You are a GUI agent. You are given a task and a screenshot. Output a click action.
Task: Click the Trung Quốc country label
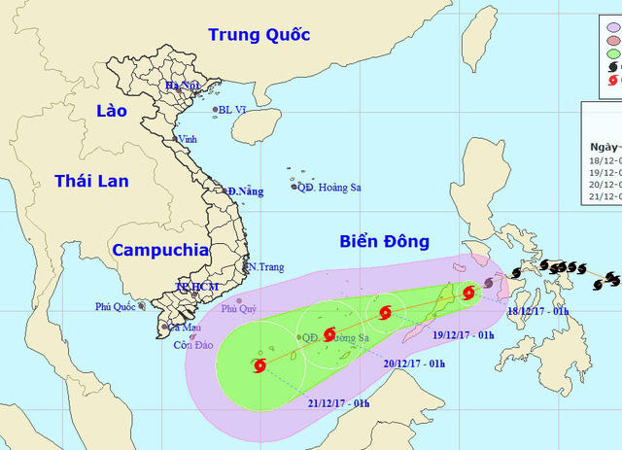click(x=259, y=35)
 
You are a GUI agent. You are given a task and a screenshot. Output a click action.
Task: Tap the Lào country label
click(x=112, y=111)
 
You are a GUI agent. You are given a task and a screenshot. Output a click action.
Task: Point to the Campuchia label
click(x=160, y=250)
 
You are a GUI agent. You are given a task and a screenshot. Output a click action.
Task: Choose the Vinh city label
click(x=188, y=139)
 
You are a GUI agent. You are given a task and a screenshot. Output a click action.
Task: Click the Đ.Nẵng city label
click(x=246, y=191)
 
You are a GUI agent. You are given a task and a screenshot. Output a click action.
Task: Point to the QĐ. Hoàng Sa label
click(x=329, y=187)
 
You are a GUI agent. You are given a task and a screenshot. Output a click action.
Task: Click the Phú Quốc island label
click(x=116, y=306)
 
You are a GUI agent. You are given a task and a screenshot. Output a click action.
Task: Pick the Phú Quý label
click(x=237, y=309)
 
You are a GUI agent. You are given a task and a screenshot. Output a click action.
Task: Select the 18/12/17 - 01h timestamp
click(x=538, y=311)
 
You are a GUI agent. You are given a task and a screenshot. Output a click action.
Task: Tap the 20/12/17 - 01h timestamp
click(x=415, y=363)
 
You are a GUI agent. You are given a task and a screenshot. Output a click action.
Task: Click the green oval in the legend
click(x=613, y=53)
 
